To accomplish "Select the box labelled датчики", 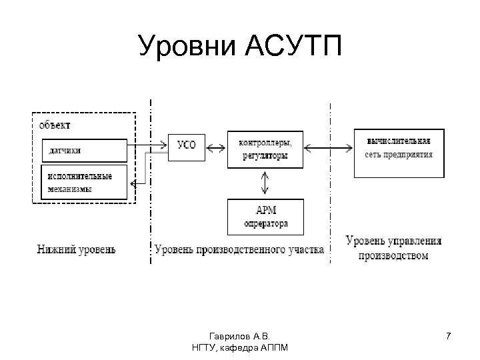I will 84,151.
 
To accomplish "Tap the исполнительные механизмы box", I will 84,181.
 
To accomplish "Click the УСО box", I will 187,146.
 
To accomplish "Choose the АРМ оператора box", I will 266,217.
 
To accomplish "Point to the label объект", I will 55,125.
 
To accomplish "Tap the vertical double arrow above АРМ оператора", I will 266,182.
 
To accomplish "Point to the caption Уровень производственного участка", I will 239,250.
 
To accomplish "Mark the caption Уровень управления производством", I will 393,247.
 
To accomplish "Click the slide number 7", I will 449,336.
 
